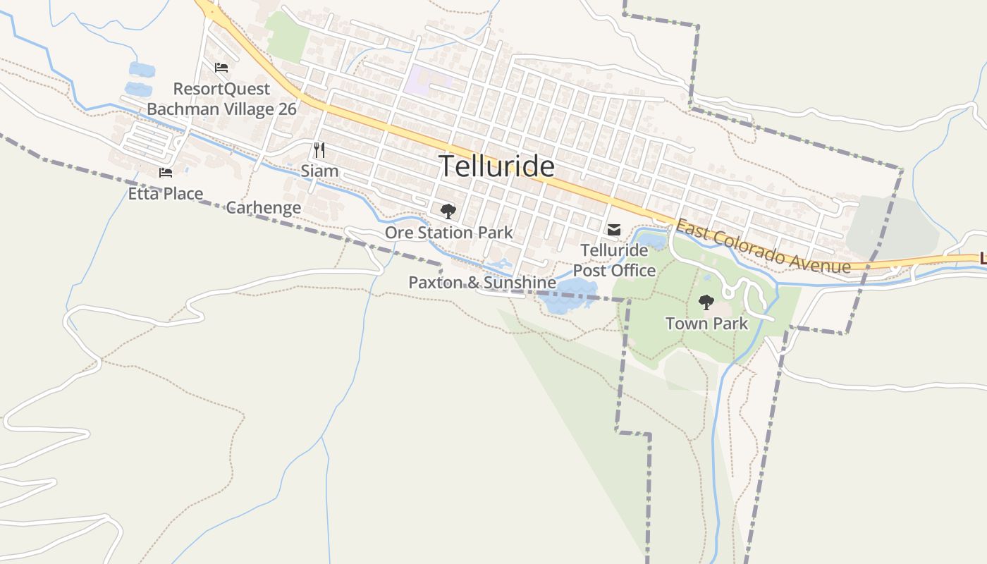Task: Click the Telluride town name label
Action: pos(497,166)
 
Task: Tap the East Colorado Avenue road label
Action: pos(762,247)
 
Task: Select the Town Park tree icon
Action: pos(706,302)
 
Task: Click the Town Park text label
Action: pos(706,324)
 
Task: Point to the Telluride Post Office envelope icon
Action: pos(614,229)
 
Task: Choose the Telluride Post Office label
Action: pos(614,260)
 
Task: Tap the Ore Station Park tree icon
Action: pos(448,211)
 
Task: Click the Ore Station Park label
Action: pos(448,232)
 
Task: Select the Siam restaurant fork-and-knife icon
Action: pos(319,149)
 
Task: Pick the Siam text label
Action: pos(319,171)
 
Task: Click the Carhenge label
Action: pos(263,207)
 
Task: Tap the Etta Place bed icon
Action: pos(166,172)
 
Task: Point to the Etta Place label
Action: pos(166,193)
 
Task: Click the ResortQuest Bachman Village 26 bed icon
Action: pos(221,68)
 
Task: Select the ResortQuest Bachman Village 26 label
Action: pos(221,99)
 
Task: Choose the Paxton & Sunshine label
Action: pos(482,283)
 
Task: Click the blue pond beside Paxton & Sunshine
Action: pos(568,295)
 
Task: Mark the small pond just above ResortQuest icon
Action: pos(142,69)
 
